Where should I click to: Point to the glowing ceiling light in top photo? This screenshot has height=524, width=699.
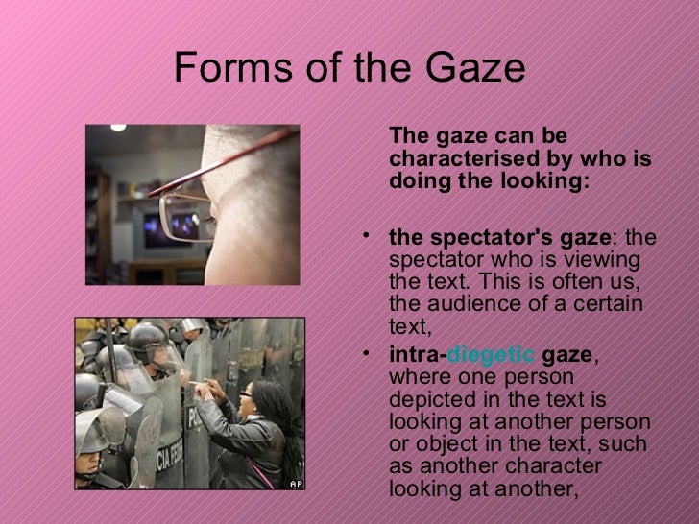118,127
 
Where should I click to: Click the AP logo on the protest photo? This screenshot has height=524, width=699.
296,483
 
